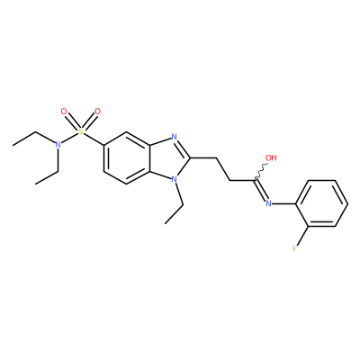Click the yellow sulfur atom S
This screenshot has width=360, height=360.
click(x=80, y=131)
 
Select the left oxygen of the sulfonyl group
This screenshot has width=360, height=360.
click(x=64, y=112)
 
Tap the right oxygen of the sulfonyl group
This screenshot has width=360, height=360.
click(x=97, y=112)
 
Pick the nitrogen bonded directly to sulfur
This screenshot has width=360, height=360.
click(x=58, y=145)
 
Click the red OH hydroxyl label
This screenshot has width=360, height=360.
click(x=271, y=157)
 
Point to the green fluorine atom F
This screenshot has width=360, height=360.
click(x=294, y=248)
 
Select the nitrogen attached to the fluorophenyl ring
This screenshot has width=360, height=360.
click(x=268, y=203)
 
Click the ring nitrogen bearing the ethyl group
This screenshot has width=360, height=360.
click(x=173, y=179)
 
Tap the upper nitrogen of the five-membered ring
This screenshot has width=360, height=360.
click(x=174, y=137)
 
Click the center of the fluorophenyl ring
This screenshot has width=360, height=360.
click(x=322, y=203)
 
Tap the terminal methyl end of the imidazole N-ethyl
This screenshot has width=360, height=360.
click(x=166, y=223)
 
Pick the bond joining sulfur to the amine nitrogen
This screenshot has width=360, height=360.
click(x=69, y=139)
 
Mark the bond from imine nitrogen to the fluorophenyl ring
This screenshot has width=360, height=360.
click(x=283, y=203)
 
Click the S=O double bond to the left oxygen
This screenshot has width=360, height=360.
click(x=72, y=121)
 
